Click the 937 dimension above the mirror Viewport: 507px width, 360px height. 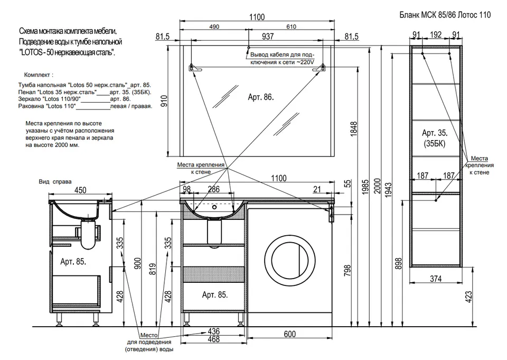[x=268, y=36]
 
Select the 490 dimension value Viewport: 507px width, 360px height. [x=214, y=27]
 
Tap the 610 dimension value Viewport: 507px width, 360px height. [x=291, y=27]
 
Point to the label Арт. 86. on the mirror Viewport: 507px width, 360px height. [x=260, y=97]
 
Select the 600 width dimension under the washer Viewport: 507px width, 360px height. [x=290, y=334]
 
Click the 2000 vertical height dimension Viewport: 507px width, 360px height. [x=377, y=186]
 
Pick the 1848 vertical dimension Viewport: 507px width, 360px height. [x=354, y=128]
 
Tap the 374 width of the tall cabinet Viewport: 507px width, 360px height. [x=436, y=279]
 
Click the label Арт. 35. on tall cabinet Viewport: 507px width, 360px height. [x=435, y=133]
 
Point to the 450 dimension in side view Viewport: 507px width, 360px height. [x=80, y=190]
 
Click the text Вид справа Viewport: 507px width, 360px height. [x=55, y=182]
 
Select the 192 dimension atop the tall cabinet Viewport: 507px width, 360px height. [x=436, y=34]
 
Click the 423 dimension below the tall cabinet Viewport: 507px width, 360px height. [x=468, y=297]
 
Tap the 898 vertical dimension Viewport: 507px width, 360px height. [x=398, y=263]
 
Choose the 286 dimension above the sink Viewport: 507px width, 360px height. [x=213, y=189]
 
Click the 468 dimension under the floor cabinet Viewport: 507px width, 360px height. [x=213, y=339]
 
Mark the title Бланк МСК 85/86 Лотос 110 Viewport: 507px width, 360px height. [x=445, y=15]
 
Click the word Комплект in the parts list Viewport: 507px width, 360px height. [x=37, y=75]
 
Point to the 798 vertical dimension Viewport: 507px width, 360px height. [x=347, y=271]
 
